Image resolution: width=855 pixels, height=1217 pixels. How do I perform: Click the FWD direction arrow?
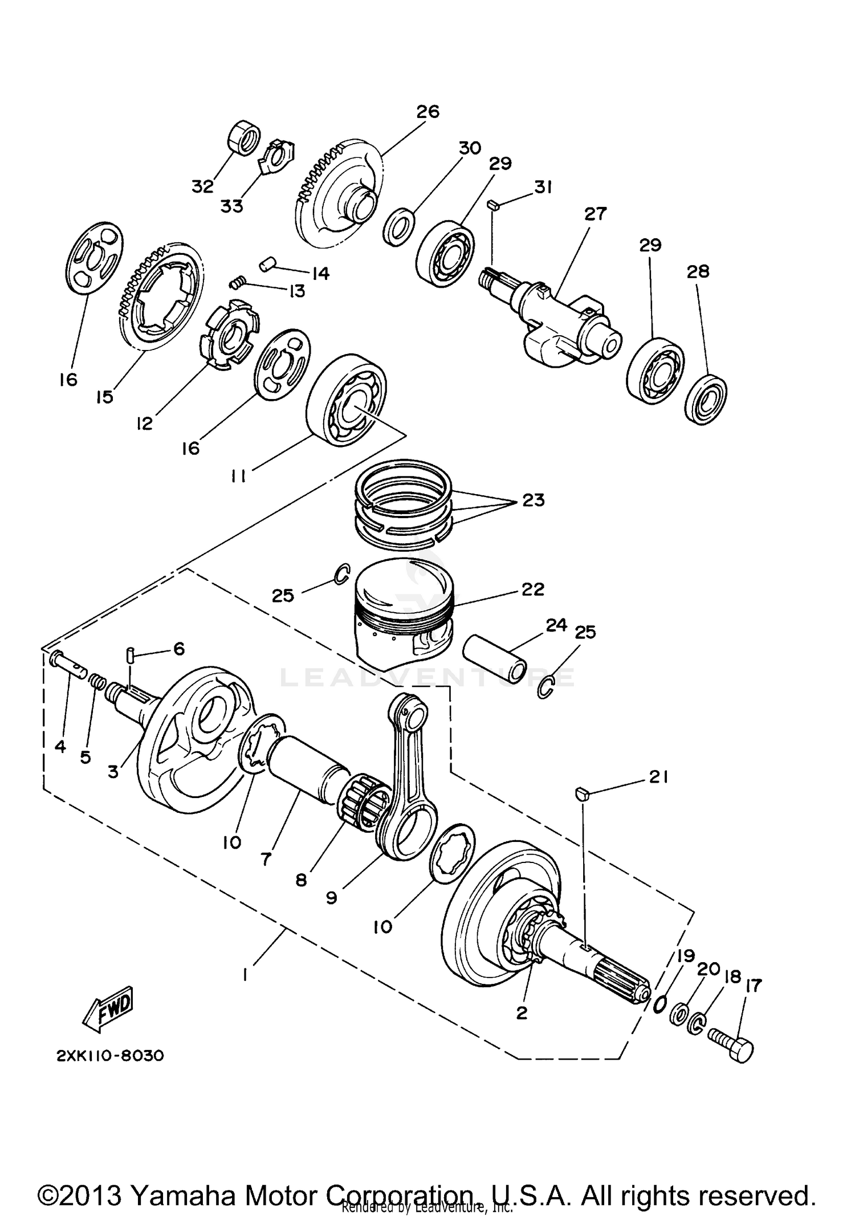pyautogui.click(x=108, y=1021)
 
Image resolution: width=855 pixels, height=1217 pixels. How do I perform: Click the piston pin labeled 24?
pyautogui.click(x=494, y=658)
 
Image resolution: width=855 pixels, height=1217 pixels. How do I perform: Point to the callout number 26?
pyautogui.click(x=427, y=111)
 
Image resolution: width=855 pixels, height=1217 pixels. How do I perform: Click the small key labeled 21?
pyautogui.click(x=581, y=793)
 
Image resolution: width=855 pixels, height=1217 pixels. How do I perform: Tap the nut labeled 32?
pyautogui.click(x=244, y=137)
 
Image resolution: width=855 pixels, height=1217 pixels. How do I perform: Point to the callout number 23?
pyautogui.click(x=533, y=500)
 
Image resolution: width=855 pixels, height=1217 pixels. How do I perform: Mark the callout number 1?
pyautogui.click(x=245, y=975)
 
